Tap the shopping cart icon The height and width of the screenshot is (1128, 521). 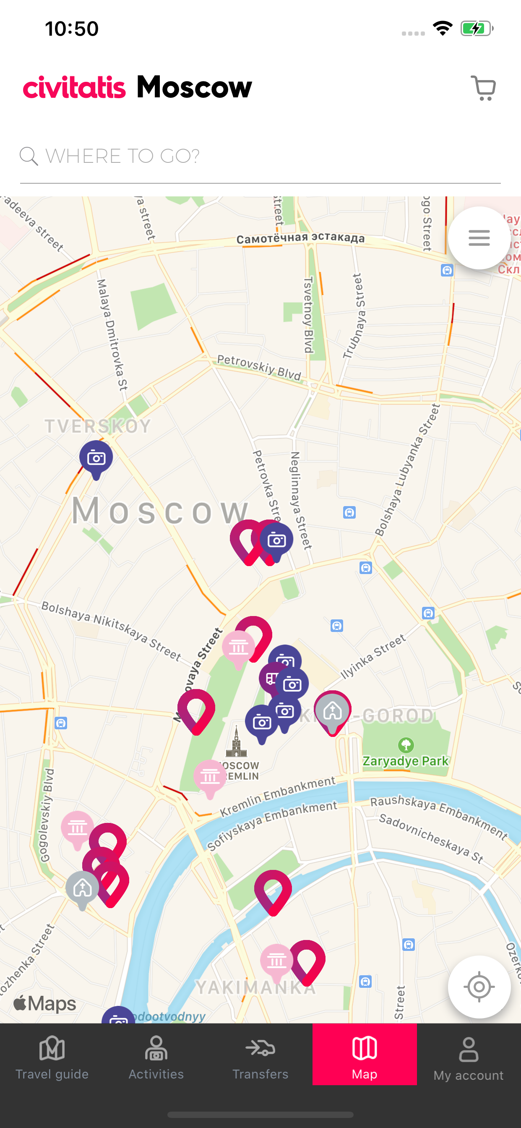tap(483, 88)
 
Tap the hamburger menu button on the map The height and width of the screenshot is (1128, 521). tap(479, 238)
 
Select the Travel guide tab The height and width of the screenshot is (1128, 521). tap(52, 1057)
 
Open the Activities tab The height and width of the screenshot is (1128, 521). tap(156, 1057)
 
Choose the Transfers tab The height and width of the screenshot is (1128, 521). tap(260, 1057)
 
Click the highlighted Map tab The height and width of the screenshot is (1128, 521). tap(364, 1057)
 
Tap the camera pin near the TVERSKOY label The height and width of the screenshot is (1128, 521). tap(96, 458)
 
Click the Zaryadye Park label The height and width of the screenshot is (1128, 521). tap(405, 761)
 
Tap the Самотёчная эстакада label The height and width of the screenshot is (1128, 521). tap(300, 238)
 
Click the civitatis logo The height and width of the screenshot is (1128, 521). tap(74, 88)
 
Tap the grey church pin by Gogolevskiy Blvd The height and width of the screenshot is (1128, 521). tap(82, 888)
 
